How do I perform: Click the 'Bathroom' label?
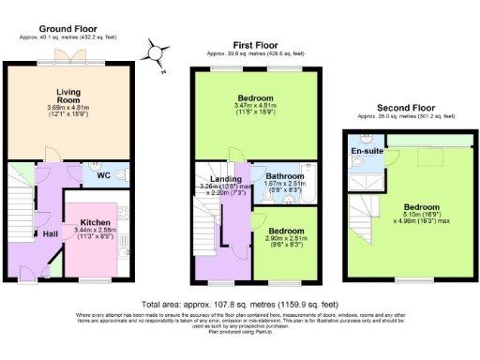[283, 175]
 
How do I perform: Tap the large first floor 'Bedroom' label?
[254, 98]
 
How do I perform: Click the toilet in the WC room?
[123, 174]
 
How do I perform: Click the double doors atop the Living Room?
[70, 56]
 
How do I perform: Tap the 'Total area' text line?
[240, 305]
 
